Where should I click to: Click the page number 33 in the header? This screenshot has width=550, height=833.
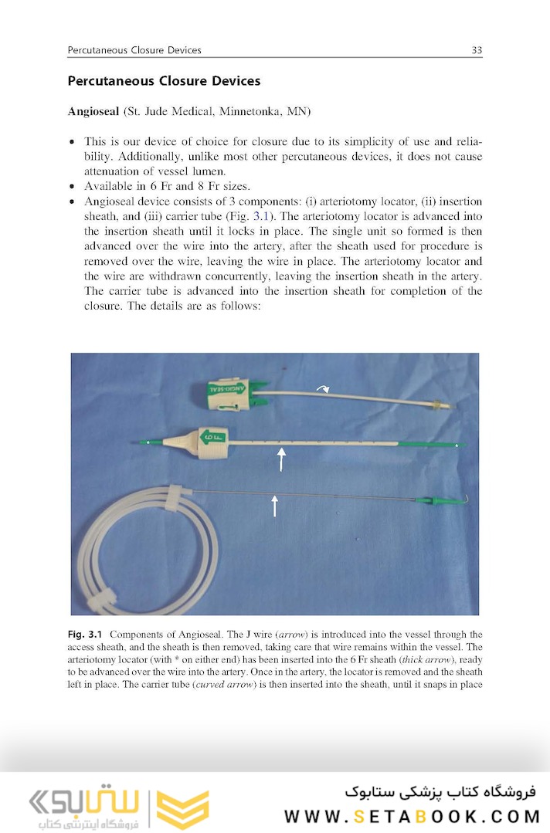[x=477, y=50]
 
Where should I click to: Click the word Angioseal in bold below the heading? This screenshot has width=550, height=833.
[x=93, y=112]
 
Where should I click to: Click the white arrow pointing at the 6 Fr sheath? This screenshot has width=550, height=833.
[x=280, y=459]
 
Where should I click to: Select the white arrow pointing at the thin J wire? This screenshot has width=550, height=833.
[x=274, y=506]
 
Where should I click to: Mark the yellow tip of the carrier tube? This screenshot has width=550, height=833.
[x=441, y=404]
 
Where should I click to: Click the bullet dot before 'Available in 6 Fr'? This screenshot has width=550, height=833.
[x=73, y=187]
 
